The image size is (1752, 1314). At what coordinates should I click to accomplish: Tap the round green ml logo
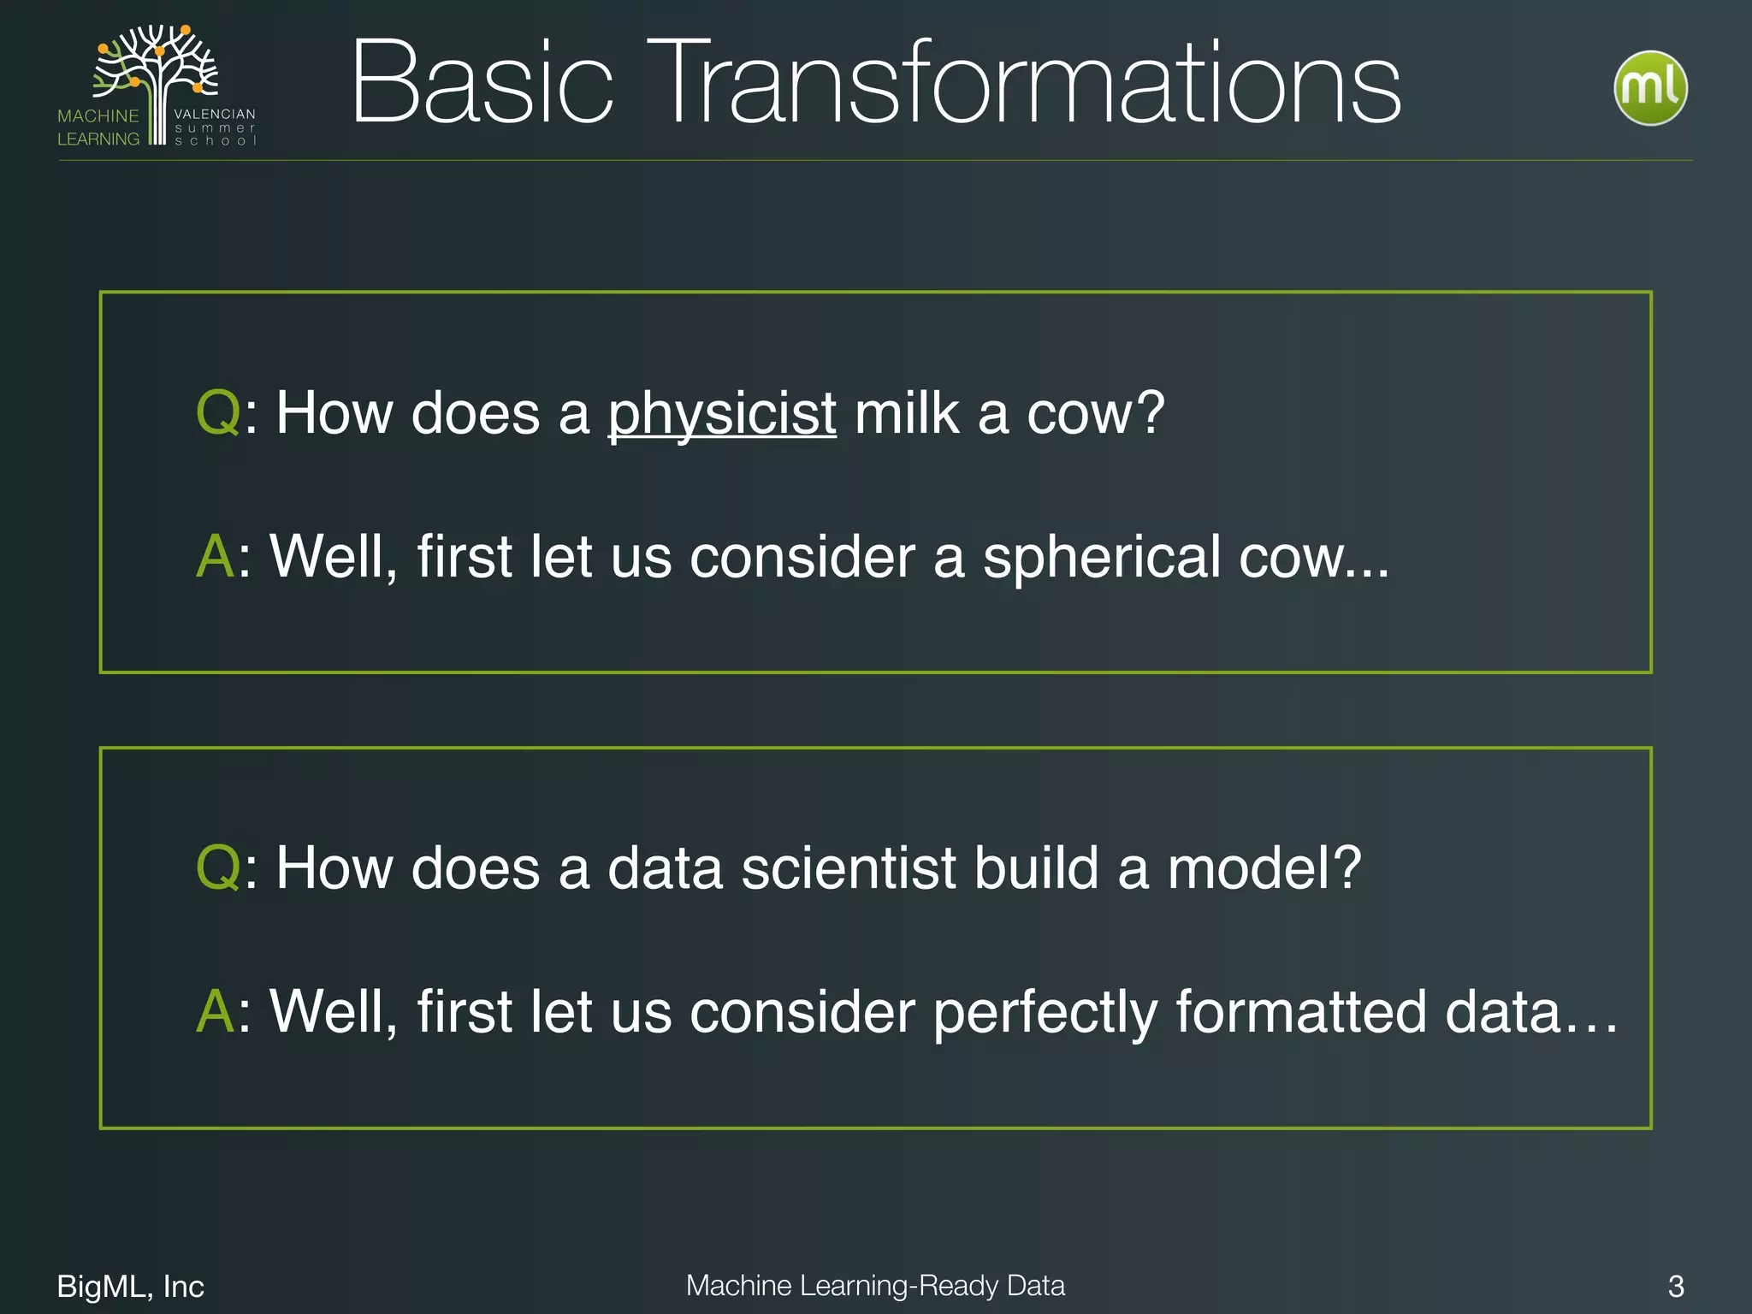(1650, 88)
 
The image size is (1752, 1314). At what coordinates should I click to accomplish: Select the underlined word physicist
(721, 414)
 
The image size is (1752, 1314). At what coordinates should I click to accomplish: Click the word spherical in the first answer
(1101, 557)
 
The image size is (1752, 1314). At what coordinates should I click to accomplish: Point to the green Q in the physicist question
(217, 414)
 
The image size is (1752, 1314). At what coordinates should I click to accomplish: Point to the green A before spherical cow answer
(215, 557)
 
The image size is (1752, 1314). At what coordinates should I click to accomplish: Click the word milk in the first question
(905, 414)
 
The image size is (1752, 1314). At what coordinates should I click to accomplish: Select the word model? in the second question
(1264, 869)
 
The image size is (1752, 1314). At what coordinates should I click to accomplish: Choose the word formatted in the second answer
(1301, 1013)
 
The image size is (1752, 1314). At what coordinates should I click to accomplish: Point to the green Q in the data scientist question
(217, 869)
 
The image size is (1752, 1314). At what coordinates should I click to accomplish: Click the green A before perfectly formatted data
(215, 1013)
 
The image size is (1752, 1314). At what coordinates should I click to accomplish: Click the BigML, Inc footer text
(130, 1287)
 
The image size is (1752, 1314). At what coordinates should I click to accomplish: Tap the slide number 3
(1676, 1287)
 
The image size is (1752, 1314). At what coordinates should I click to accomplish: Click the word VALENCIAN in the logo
(214, 114)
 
